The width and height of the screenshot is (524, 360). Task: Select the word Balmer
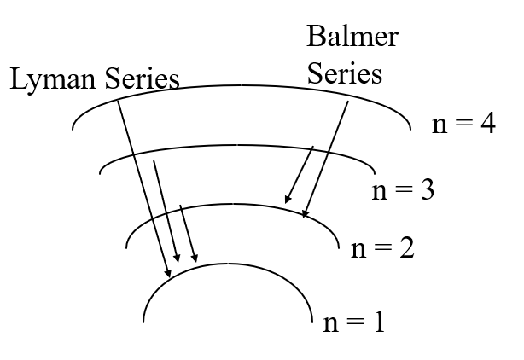point(352,38)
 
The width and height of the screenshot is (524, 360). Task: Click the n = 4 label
point(463,125)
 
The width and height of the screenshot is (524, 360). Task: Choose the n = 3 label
point(403,189)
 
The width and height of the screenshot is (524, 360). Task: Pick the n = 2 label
point(382,249)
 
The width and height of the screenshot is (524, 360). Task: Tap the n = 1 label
point(354,322)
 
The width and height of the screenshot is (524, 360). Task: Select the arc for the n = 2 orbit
point(230,204)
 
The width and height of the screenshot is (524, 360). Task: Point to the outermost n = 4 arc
point(243,86)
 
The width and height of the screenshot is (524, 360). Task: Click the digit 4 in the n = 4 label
point(487,125)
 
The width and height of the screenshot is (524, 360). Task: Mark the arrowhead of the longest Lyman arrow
point(168,273)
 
